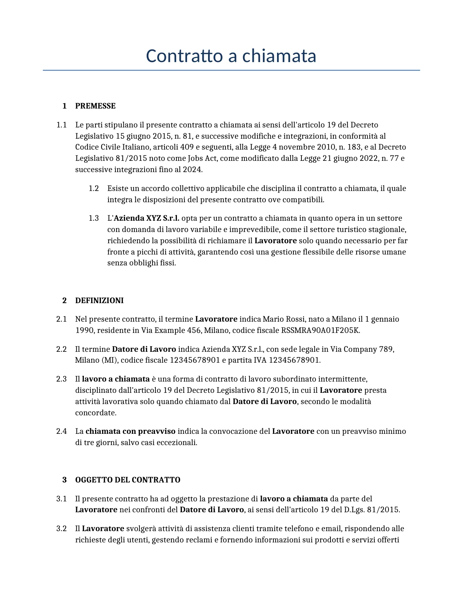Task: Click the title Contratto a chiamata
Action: coord(231,56)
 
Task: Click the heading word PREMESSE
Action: coord(95,106)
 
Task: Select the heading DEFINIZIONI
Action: coord(99,301)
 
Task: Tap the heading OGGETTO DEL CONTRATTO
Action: coord(127,480)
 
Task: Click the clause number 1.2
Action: coord(94,188)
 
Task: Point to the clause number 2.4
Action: coord(61,431)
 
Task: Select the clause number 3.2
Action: coord(61,529)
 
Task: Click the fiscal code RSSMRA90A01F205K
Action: coord(320,330)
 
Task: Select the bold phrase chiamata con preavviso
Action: coord(130,431)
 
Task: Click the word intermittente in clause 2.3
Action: coord(342,379)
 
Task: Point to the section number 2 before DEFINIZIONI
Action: coord(65,301)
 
